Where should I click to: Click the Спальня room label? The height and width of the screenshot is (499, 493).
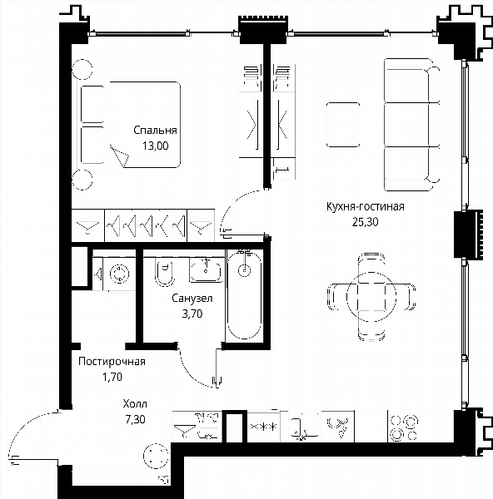click(x=155, y=131)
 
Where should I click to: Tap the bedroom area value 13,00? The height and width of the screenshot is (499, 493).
click(x=155, y=146)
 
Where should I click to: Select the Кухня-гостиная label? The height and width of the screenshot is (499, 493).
click(x=366, y=206)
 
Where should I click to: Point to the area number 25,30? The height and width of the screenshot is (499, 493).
click(x=366, y=222)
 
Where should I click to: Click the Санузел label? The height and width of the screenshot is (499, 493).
click(x=192, y=299)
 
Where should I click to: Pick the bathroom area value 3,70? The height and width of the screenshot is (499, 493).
click(x=192, y=314)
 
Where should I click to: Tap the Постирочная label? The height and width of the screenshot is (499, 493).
click(x=112, y=362)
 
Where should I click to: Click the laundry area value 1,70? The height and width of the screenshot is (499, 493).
click(x=112, y=377)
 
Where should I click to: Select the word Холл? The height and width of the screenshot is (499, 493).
click(x=135, y=404)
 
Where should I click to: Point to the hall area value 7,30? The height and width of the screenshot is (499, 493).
click(x=135, y=419)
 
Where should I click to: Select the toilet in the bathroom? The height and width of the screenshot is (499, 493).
click(x=164, y=273)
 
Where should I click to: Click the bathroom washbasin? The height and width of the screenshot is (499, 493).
click(x=206, y=270)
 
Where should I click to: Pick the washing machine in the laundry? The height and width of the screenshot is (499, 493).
click(x=120, y=274)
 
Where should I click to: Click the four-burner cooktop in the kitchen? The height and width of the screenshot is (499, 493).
click(x=404, y=428)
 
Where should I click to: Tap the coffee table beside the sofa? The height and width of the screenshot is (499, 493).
click(x=343, y=125)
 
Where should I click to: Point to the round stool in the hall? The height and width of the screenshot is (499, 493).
click(x=156, y=456)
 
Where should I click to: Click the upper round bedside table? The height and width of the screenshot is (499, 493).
click(x=82, y=69)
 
